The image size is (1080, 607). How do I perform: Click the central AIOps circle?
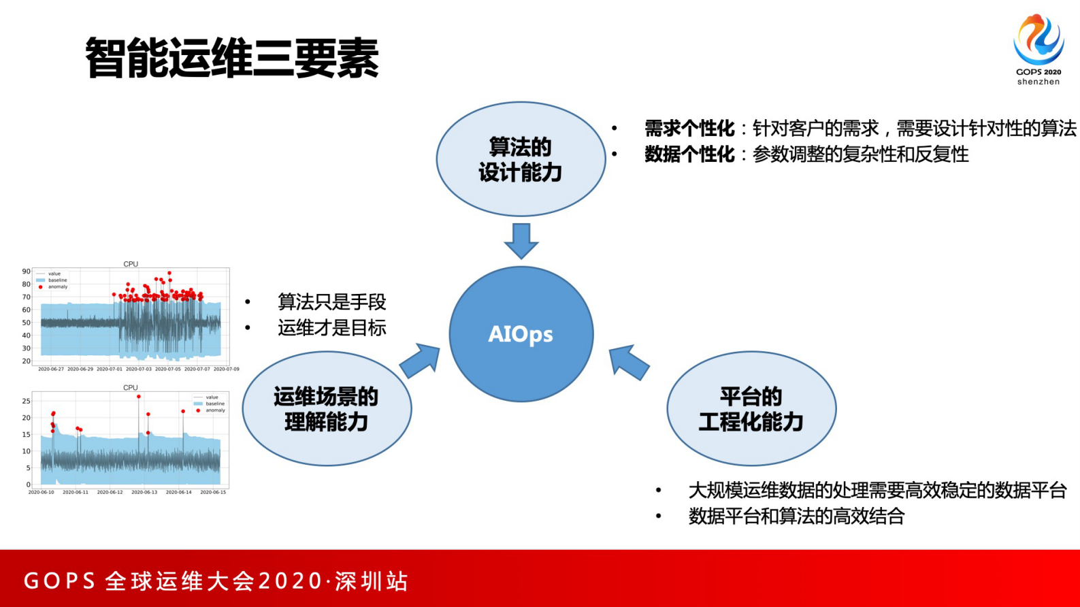521,333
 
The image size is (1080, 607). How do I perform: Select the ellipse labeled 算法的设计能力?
521,159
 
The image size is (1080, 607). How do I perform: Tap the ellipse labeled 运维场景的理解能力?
327,409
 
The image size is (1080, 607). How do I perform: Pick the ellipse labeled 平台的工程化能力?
751,409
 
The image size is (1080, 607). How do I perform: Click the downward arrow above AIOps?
521,240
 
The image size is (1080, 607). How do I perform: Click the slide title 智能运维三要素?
231,59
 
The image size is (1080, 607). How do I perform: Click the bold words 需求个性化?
689,129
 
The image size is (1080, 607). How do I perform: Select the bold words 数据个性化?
689,154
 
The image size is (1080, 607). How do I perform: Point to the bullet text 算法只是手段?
331,301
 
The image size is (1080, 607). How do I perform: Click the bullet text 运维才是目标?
331,328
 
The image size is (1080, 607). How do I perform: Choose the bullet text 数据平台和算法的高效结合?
796,516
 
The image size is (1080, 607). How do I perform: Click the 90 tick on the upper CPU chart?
26,272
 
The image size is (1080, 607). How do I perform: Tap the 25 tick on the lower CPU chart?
26,401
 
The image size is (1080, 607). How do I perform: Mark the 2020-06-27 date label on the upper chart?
51,370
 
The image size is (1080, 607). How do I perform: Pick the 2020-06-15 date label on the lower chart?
213,492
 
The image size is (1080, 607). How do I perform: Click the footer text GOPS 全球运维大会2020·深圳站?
216,581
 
